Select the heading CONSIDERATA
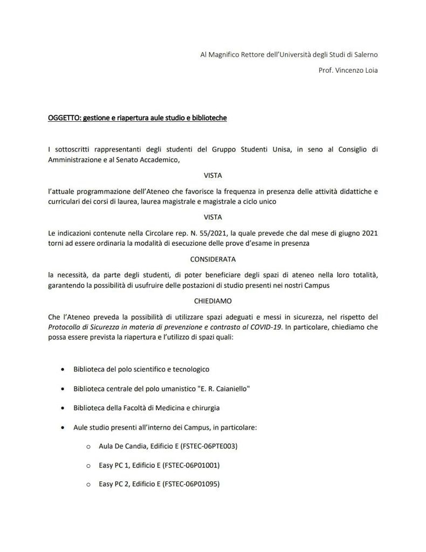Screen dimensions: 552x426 click(213, 259)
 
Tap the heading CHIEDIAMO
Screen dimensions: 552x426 click(213, 301)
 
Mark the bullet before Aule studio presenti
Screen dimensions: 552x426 click(63, 427)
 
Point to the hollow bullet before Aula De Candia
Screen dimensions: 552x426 click(88, 447)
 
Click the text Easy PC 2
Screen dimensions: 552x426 click(115, 484)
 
